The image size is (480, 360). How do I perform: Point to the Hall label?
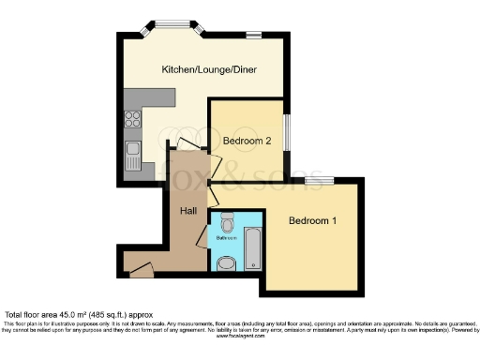pos(187,211)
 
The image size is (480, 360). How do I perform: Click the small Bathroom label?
pos(228,238)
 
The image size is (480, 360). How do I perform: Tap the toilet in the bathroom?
pos(227,223)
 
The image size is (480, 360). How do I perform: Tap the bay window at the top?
pos(171,26)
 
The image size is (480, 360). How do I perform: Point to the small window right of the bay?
pos(253,35)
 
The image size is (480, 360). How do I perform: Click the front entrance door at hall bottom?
pos(141,271)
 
